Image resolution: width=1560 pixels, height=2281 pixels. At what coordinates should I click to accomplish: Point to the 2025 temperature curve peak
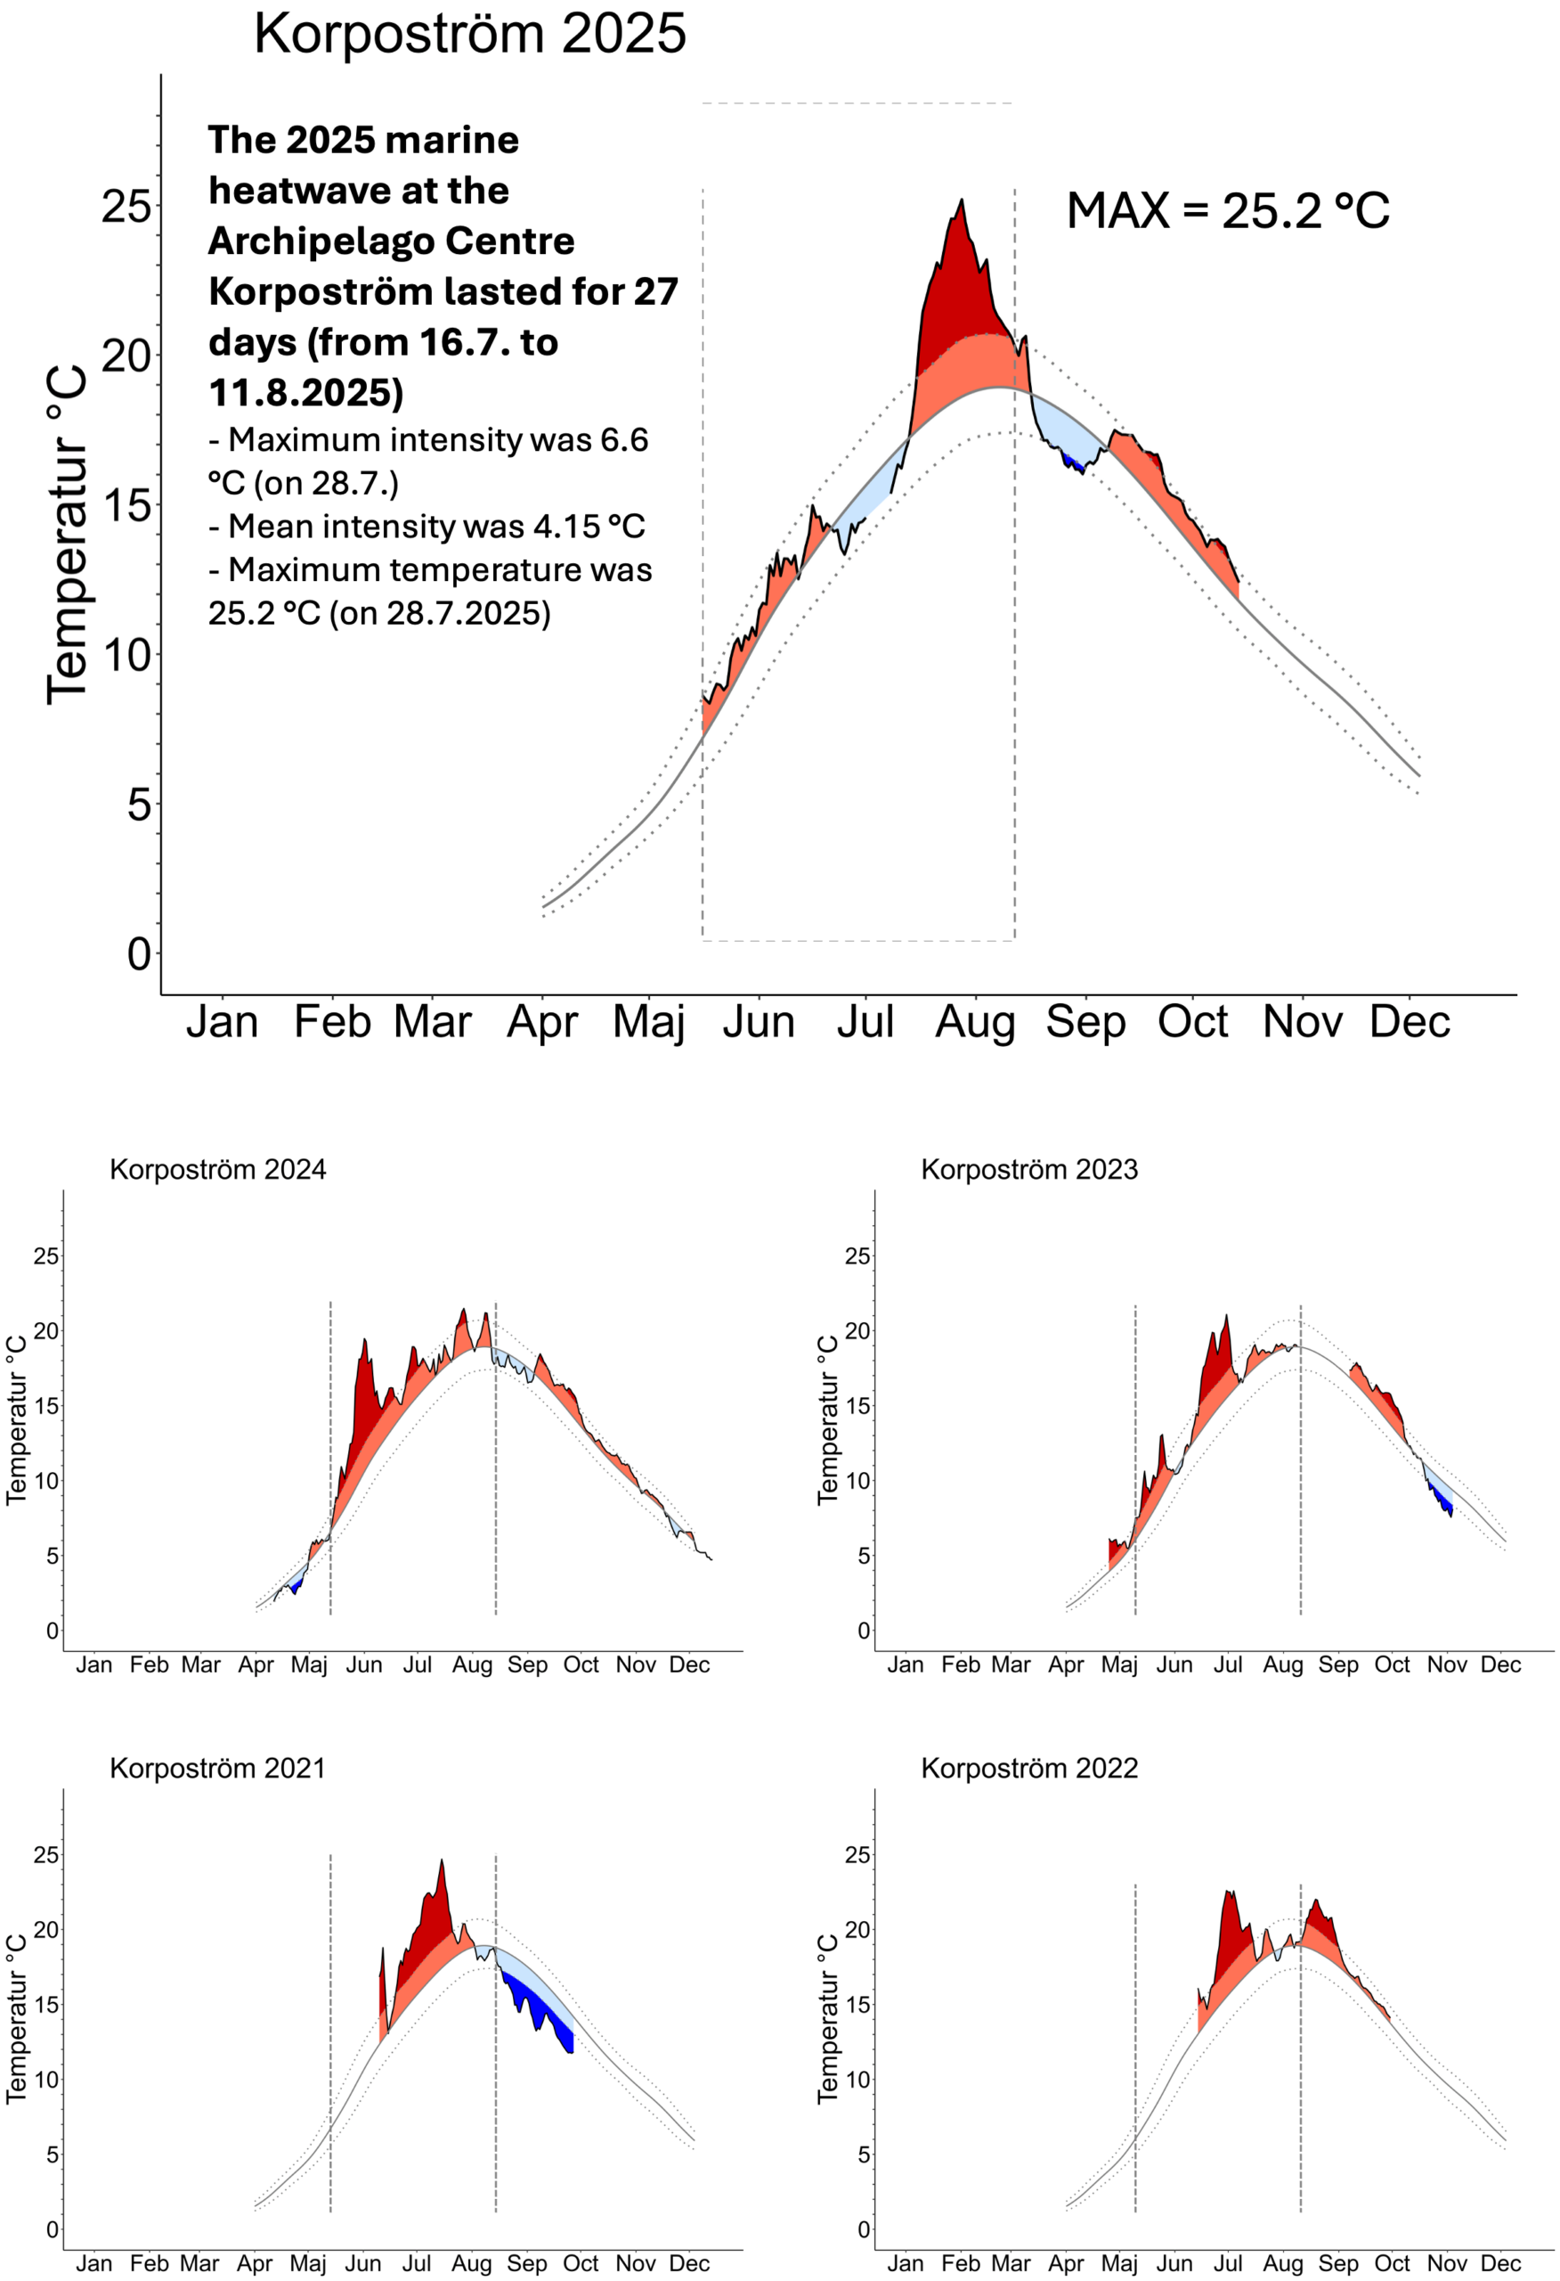pos(962,201)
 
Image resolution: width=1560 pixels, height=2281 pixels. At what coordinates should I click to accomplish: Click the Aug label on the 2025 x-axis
pos(974,1023)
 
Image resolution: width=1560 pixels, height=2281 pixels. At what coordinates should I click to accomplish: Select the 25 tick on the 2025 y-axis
pos(126,207)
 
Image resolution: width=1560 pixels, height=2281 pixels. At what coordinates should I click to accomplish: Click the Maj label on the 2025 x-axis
pos(648,1023)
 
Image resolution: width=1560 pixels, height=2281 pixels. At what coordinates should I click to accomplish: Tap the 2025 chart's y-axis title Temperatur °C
pos(67,534)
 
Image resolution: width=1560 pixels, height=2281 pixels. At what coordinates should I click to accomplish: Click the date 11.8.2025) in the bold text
pos(306,393)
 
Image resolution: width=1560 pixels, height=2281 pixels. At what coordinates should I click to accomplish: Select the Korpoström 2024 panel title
pos(218,1170)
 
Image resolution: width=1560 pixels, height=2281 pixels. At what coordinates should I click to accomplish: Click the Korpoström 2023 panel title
pos(1029,1170)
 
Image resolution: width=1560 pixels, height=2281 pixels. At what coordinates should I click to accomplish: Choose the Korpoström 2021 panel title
pos(217,1769)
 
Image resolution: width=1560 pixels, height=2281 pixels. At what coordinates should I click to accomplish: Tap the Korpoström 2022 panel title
pos(1029,1769)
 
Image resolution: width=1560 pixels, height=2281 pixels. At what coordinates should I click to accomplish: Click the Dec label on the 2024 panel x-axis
pos(689,1665)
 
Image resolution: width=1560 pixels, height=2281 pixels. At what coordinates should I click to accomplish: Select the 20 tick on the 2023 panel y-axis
pos(857,1332)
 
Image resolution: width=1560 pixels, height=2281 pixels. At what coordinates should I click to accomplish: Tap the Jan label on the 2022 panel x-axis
pos(905,2264)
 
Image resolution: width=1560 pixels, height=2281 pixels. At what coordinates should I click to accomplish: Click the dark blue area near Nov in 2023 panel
pos(1443,1500)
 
